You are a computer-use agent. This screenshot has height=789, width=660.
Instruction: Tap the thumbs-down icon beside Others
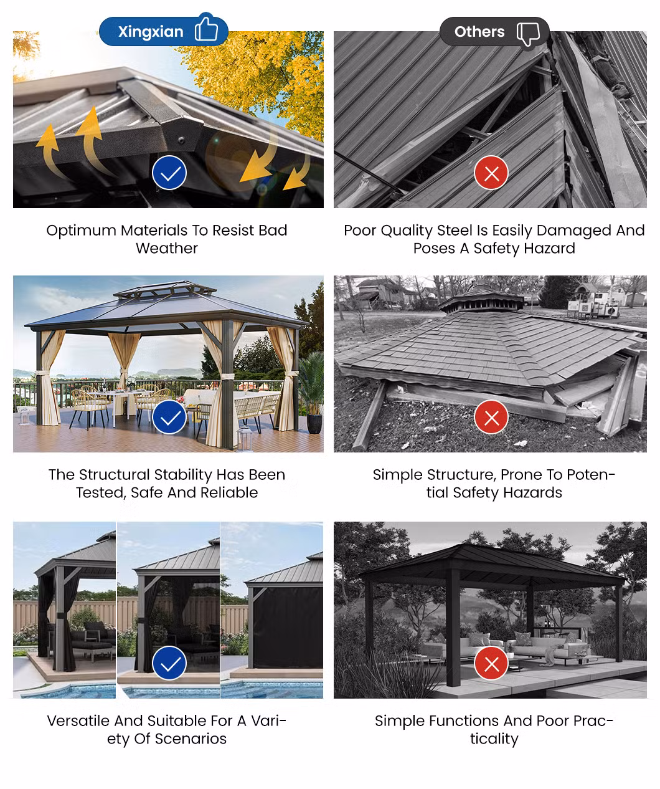point(528,34)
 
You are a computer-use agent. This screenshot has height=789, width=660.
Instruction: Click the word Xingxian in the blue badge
point(151,32)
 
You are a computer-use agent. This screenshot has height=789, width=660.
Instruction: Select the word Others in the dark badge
point(479,32)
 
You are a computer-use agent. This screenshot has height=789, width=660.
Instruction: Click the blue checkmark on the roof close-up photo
point(169,173)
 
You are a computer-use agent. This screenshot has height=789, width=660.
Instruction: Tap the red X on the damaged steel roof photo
point(491,173)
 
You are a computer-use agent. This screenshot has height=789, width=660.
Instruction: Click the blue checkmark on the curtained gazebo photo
point(169,417)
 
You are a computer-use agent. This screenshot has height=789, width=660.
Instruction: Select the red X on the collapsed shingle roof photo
point(491,417)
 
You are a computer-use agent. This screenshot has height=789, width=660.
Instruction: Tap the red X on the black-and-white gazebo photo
point(491,663)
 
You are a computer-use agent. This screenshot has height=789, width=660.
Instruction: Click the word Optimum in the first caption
point(81,231)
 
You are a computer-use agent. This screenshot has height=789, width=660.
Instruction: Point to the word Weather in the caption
point(167,248)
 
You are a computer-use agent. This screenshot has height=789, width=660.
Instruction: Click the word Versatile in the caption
point(78,720)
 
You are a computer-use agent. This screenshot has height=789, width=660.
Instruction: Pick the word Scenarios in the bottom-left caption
point(191,739)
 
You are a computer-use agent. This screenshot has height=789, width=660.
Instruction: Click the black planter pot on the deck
point(314,424)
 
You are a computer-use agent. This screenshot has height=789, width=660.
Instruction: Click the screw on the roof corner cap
point(182,140)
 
